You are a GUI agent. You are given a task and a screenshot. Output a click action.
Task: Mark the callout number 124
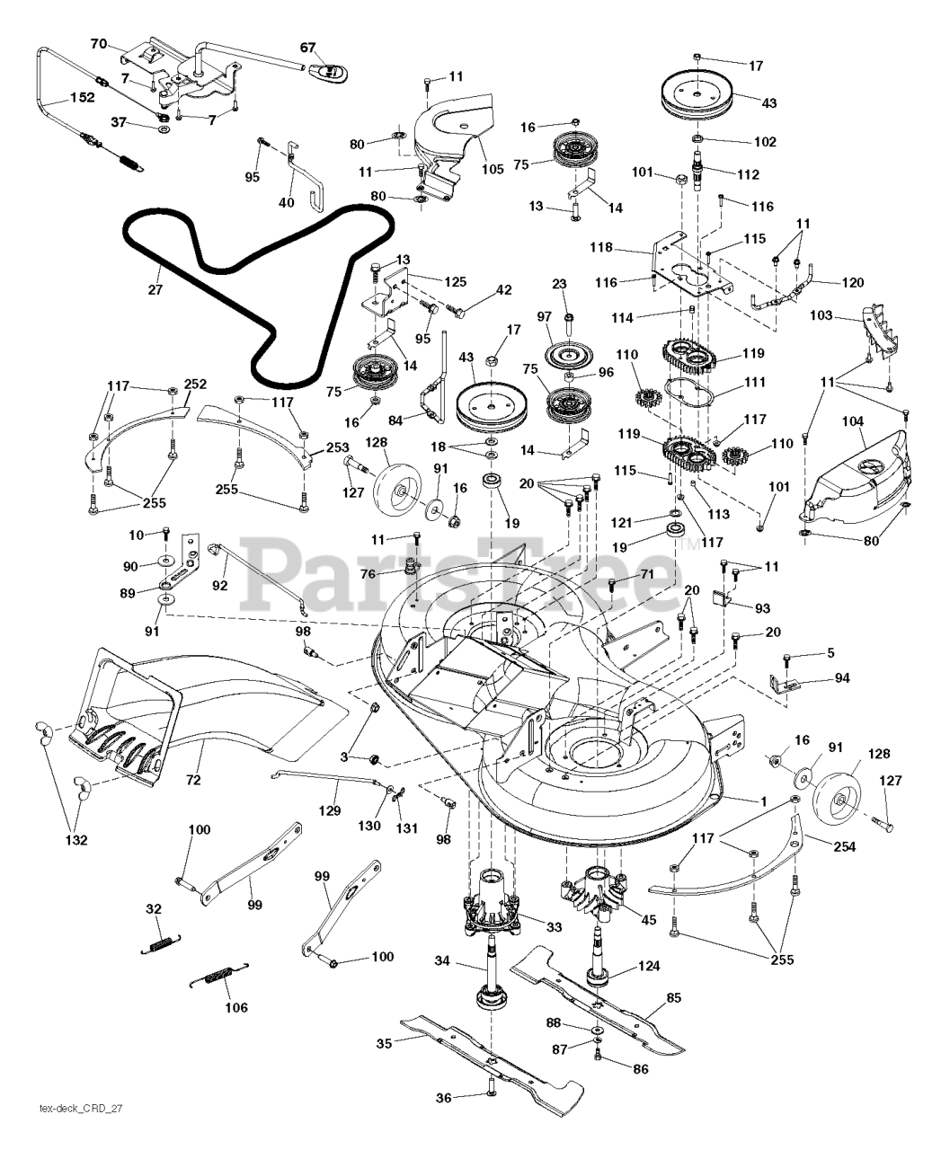648,966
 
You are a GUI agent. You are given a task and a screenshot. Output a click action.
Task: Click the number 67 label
308,47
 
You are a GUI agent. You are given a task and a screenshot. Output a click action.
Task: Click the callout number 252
195,384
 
